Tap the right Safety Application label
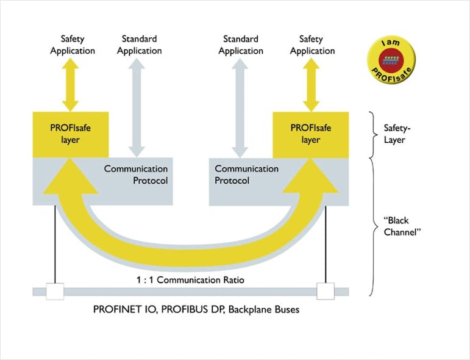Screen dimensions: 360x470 [312, 45]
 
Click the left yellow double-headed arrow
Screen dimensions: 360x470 [73, 84]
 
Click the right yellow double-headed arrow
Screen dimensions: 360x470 [312, 84]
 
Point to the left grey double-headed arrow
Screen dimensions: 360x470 [137, 107]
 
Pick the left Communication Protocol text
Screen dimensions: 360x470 [135, 174]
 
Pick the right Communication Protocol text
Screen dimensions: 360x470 [246, 174]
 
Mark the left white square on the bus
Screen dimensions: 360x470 [55, 292]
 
